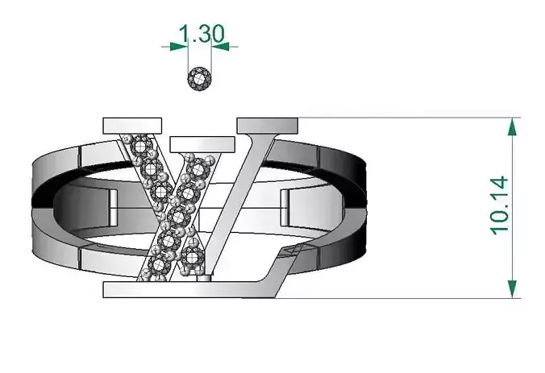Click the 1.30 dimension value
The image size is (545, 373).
(x=200, y=33)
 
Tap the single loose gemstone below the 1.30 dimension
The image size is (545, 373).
(x=200, y=79)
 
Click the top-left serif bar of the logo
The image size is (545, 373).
(x=133, y=125)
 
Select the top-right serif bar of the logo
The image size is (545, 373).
(x=268, y=125)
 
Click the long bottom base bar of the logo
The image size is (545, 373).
(x=185, y=290)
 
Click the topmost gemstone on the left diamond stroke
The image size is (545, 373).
(x=144, y=147)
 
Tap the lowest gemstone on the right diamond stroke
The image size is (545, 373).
(x=192, y=258)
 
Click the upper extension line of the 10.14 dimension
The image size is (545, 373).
(x=403, y=118)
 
